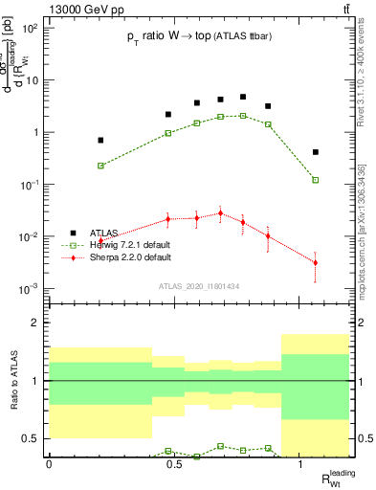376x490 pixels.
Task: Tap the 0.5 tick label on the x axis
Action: [174, 462]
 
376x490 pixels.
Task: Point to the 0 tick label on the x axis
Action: [49, 462]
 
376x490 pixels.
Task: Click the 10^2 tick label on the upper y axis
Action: [30, 29]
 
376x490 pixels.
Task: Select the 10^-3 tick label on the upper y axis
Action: [30, 289]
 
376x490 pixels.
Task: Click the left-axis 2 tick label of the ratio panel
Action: [35, 323]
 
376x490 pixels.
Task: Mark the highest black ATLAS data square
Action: [243, 97]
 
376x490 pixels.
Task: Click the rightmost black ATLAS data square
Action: [315, 152]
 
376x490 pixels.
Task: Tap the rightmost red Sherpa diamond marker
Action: [315, 262]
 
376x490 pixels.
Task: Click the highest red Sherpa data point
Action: [220, 213]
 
